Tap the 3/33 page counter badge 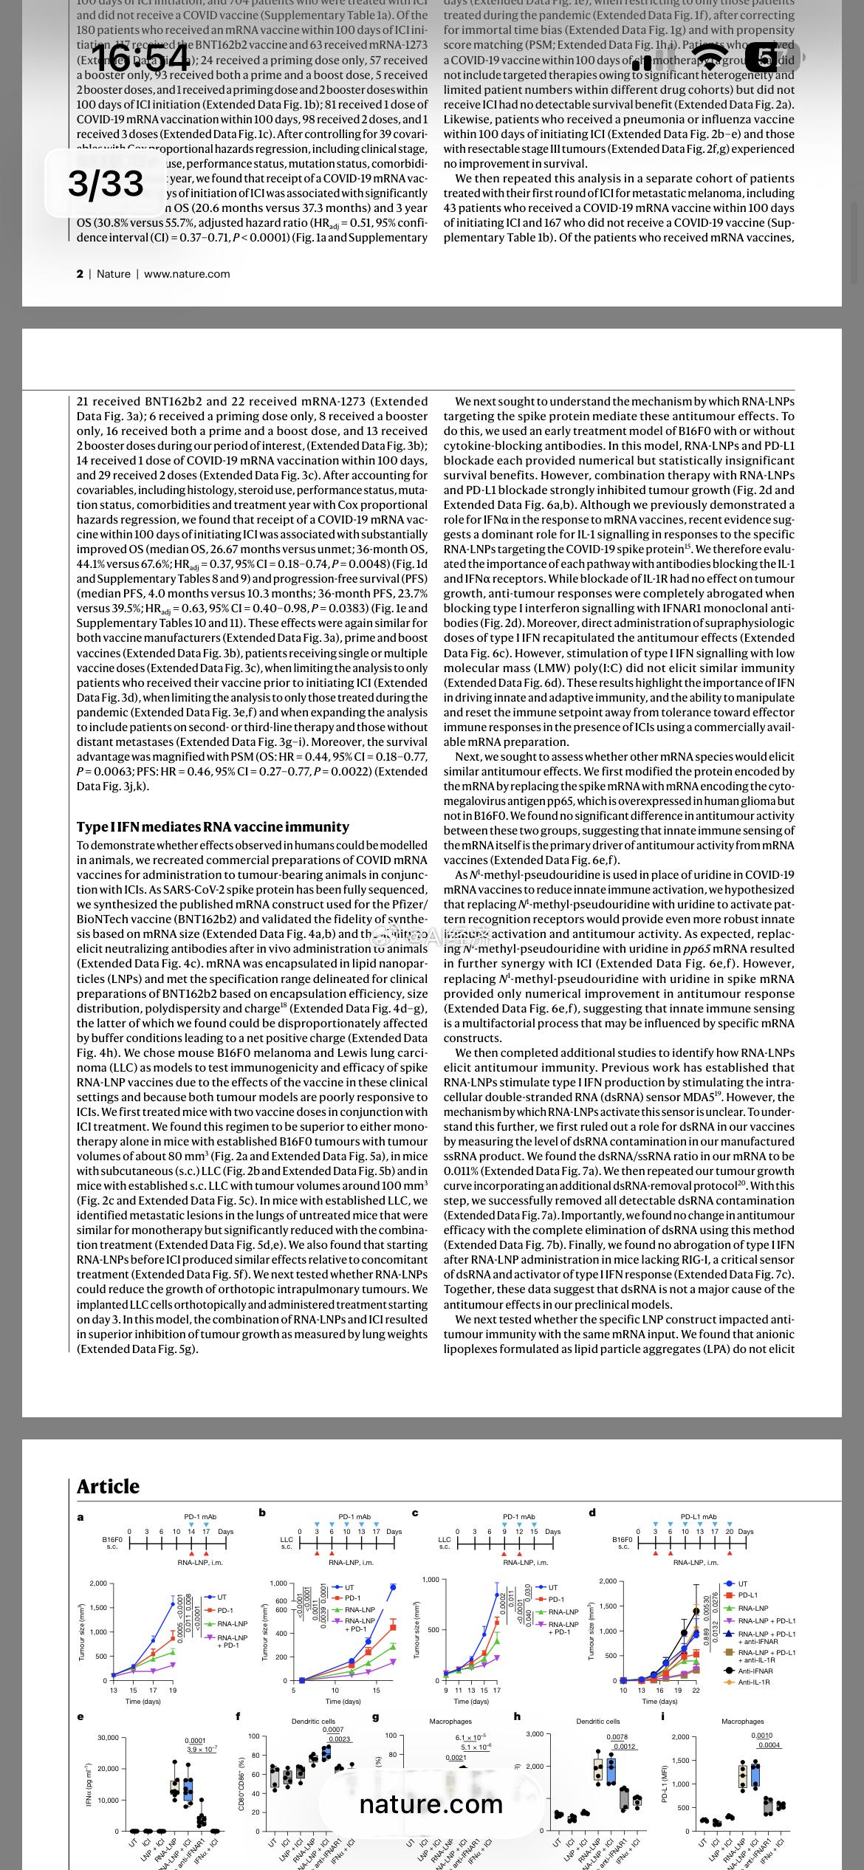[106, 183]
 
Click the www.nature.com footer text [187, 274]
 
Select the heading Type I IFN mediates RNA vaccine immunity [213, 826]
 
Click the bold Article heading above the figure [108, 1486]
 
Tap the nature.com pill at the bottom [431, 1804]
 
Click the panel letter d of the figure [592, 1513]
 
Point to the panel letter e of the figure [80, 1716]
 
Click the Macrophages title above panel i [742, 1722]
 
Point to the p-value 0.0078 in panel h [617, 1737]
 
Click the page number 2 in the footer [80, 274]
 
